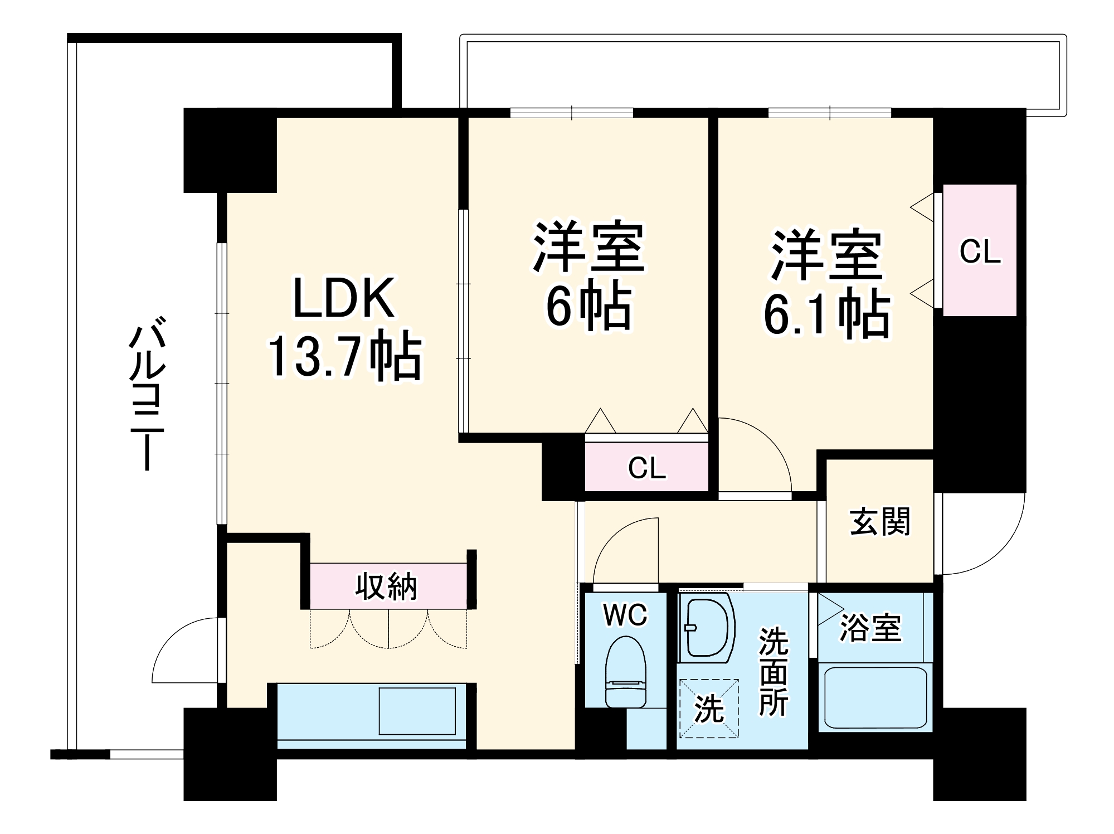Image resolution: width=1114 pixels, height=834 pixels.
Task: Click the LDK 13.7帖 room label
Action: (344, 329)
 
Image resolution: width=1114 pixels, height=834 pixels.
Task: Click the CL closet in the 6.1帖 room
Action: (979, 251)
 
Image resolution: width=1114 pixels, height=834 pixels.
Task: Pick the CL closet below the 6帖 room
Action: (646, 467)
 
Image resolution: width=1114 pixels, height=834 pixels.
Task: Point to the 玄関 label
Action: (879, 521)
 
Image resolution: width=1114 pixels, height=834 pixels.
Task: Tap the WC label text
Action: (625, 615)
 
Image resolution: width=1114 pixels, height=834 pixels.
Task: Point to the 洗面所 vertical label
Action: (774, 672)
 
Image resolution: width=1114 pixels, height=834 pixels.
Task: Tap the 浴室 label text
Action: (870, 628)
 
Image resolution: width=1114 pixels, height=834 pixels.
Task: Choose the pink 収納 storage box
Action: (387, 586)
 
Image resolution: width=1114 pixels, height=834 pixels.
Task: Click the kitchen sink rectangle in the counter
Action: (417, 711)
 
